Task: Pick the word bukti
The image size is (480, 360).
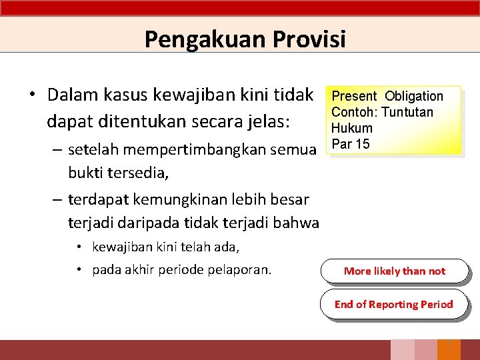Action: tap(85, 173)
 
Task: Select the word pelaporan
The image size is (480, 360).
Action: tap(240, 269)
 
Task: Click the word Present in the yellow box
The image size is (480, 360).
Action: tap(354, 96)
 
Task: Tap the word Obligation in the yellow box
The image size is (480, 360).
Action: tap(414, 96)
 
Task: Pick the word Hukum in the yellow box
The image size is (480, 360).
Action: tap(351, 128)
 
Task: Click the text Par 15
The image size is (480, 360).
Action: tap(350, 144)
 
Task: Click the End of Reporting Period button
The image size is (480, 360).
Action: tap(393, 304)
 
